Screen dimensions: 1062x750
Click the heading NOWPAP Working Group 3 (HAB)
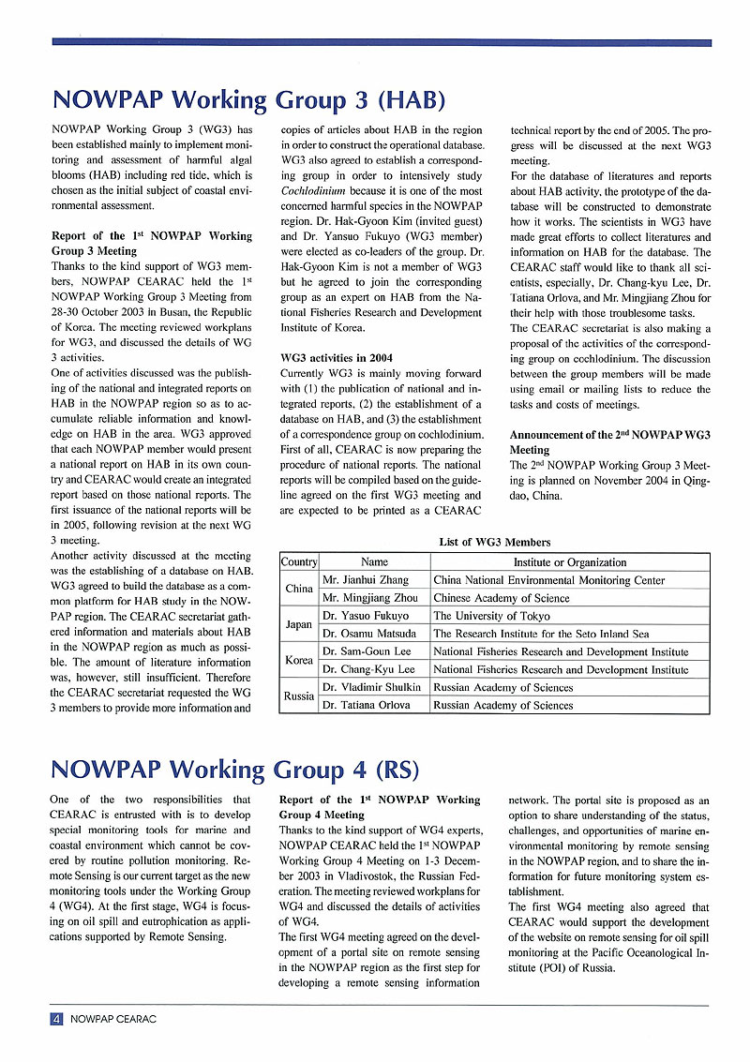[247, 100]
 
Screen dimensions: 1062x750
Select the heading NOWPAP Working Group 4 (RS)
[234, 770]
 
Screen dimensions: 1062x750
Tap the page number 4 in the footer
[56, 1019]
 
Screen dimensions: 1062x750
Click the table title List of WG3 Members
[494, 542]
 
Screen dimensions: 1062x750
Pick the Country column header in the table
[299, 562]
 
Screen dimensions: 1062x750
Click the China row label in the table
[299, 589]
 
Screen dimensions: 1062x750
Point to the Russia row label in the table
[299, 696]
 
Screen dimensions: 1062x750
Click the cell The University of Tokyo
[491, 616]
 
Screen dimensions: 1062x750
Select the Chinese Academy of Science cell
[502, 598]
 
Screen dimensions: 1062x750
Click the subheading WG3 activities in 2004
[335, 357]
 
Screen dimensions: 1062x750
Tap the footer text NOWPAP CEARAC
[113, 1019]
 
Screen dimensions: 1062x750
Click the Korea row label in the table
[299, 660]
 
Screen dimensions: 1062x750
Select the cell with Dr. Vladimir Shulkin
[371, 687]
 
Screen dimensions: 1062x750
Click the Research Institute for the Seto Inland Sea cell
[541, 634]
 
